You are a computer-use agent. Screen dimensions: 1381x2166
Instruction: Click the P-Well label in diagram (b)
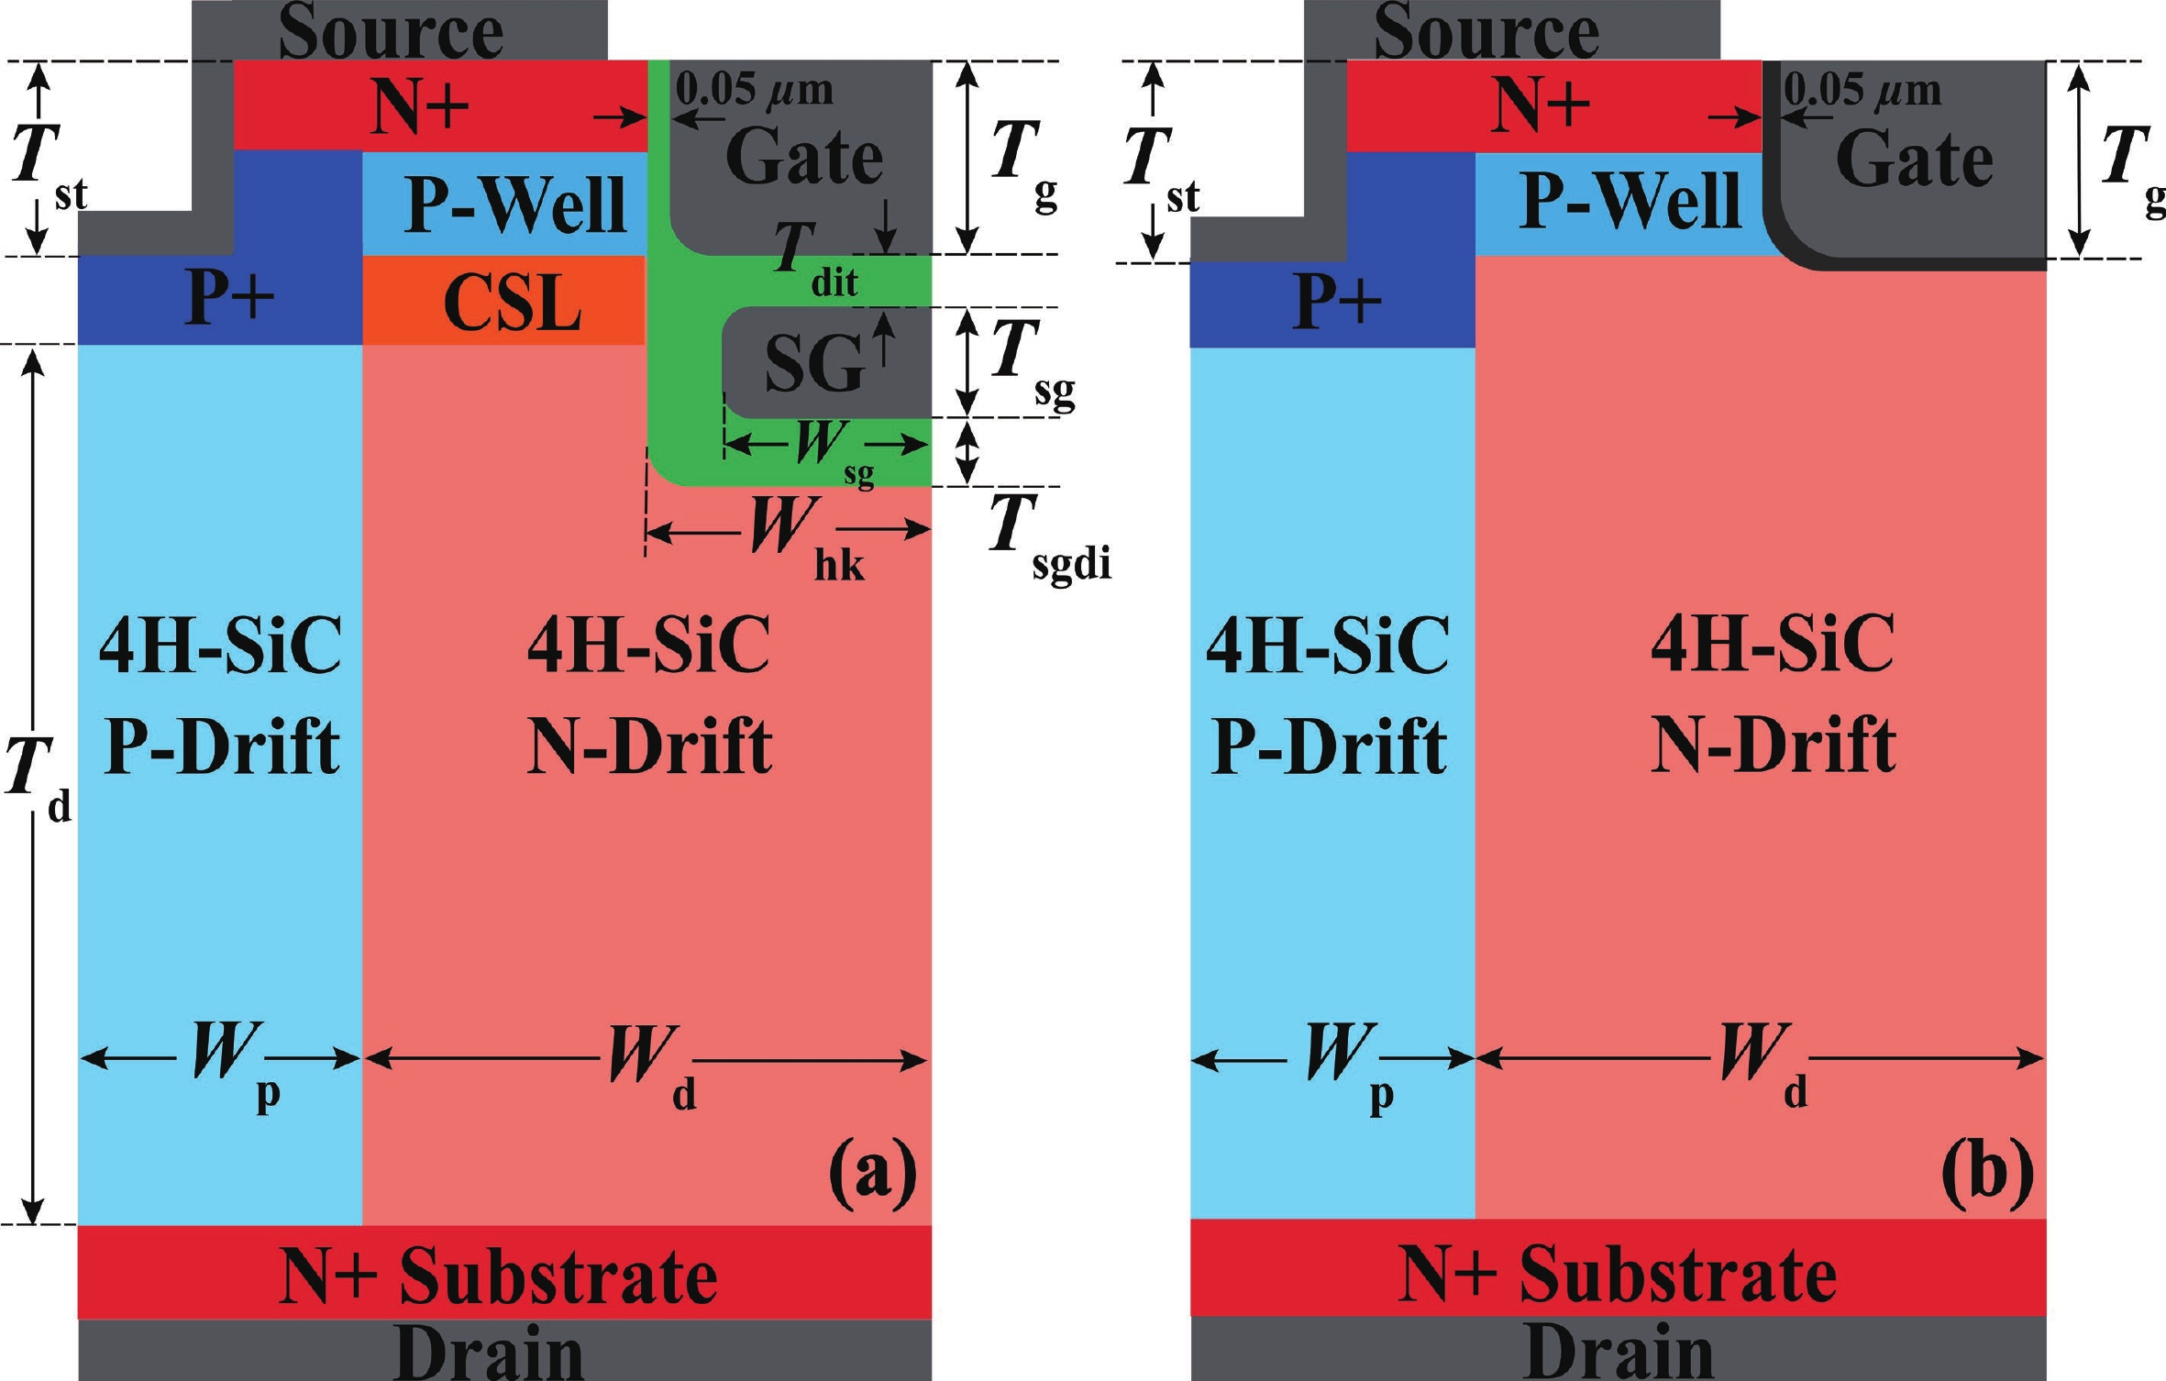[x=1630, y=200]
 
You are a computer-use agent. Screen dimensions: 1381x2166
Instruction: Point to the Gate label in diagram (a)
[x=803, y=158]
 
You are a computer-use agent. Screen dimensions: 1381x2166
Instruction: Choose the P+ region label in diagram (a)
[x=229, y=298]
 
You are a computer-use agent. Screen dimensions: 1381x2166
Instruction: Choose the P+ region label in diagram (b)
[x=1337, y=300]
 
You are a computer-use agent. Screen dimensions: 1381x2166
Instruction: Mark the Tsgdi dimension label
[x=1045, y=536]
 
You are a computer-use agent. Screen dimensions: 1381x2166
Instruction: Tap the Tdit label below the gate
[x=812, y=261]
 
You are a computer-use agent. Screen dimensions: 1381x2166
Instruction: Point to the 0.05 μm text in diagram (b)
[x=1862, y=90]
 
